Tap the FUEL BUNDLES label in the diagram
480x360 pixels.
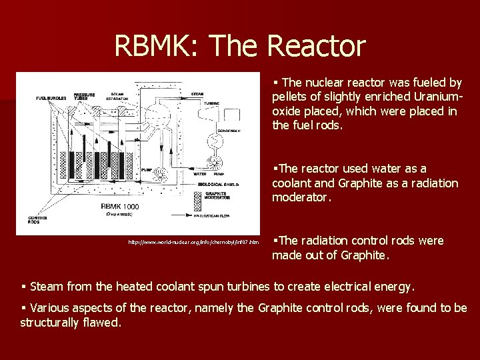[51, 99]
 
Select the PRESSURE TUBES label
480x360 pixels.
[85, 96]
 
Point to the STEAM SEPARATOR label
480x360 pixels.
[117, 96]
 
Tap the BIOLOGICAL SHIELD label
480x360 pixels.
[216, 183]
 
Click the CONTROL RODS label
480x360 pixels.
[37, 219]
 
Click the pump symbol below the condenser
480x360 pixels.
[214, 161]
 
